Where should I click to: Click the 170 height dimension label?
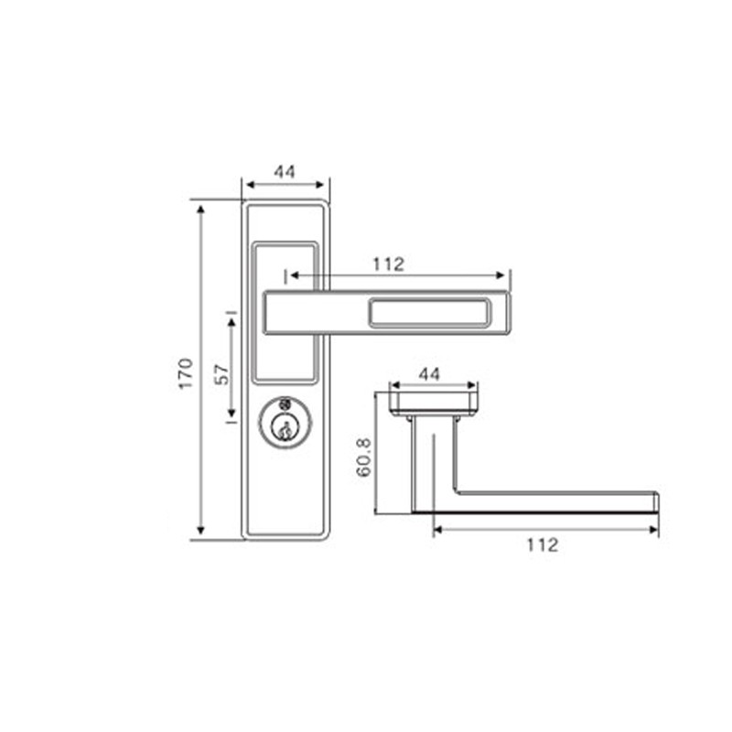(x=186, y=373)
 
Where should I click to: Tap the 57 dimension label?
(x=222, y=374)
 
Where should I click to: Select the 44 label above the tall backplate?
(x=285, y=172)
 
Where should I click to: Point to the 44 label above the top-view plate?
(x=429, y=374)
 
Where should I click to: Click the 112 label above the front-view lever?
(x=388, y=264)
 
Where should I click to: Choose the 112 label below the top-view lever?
(x=543, y=544)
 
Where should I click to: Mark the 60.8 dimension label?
(x=363, y=457)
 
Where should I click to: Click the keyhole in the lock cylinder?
(x=285, y=428)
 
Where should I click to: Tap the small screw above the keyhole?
(x=285, y=404)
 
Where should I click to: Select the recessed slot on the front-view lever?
(x=430, y=312)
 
